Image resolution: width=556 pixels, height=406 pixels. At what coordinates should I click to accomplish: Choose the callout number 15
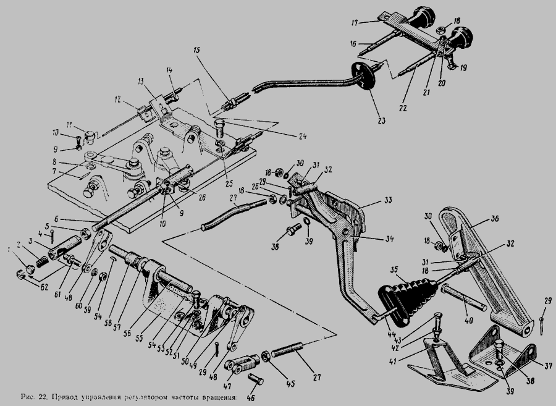click(x=197, y=49)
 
